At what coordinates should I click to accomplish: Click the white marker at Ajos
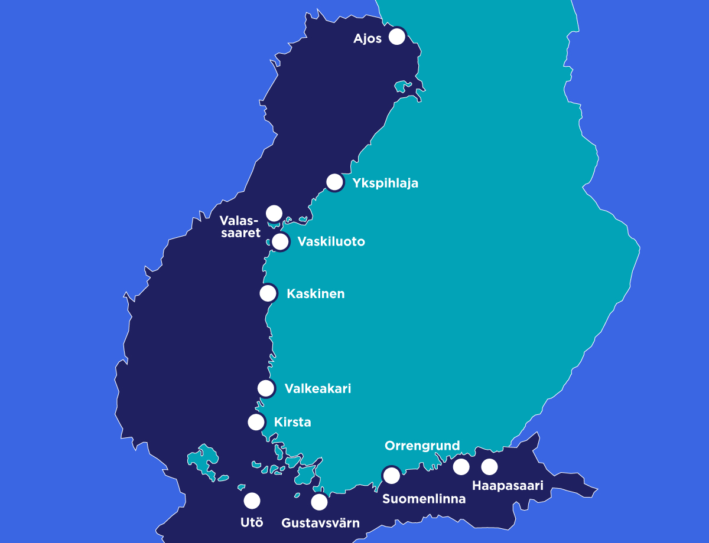point(397,37)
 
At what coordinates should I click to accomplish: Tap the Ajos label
point(367,39)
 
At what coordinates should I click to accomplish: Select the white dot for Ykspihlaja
point(335,182)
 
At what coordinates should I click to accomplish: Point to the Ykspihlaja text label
point(385,183)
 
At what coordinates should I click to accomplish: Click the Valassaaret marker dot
point(274,213)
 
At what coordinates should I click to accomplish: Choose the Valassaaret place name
point(240,227)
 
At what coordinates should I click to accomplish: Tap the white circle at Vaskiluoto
point(281,241)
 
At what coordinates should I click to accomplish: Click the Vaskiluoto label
point(331,241)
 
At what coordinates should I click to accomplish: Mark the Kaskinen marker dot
point(268,293)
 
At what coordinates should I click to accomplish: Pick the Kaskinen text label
point(316,293)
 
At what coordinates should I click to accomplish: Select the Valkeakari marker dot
point(266,388)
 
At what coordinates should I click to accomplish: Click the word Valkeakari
point(317,388)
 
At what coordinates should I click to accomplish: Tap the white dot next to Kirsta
point(256,421)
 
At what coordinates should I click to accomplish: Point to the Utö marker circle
point(252,501)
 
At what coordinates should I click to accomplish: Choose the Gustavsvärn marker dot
point(319,502)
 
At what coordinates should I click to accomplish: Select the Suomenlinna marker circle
point(391,475)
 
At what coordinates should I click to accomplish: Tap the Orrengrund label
point(422,446)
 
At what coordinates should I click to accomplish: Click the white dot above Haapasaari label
point(489,467)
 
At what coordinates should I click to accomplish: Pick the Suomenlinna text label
point(424,499)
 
